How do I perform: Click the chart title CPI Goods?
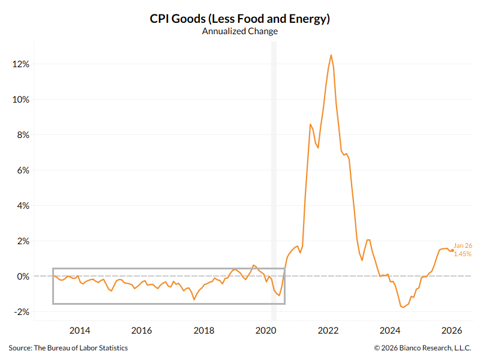(x=240, y=19)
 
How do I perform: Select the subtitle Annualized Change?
(x=240, y=31)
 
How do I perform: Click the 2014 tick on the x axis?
(x=79, y=330)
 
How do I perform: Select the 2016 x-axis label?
(x=142, y=330)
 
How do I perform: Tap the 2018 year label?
(x=204, y=330)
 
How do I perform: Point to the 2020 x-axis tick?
(x=266, y=330)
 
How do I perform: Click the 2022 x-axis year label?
(x=329, y=330)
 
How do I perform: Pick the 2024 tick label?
(x=391, y=330)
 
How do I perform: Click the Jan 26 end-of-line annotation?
(x=462, y=245)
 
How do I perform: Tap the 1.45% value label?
(x=462, y=254)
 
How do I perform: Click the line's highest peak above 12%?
(x=331, y=55)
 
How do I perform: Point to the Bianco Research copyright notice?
(x=422, y=348)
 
